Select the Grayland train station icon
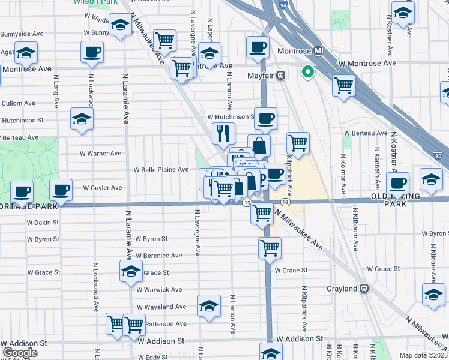point(364,289)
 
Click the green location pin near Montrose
point(308,73)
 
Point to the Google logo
point(20,353)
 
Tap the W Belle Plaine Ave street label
point(161,170)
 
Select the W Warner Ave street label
point(101,154)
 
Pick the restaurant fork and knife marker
point(223,133)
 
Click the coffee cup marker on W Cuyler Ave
point(60,190)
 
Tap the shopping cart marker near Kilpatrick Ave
point(298,143)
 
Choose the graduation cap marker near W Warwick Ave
point(131,271)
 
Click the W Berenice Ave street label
point(159,256)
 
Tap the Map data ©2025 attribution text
point(423,355)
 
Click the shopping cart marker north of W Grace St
point(270,247)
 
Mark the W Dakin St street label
point(43,222)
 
